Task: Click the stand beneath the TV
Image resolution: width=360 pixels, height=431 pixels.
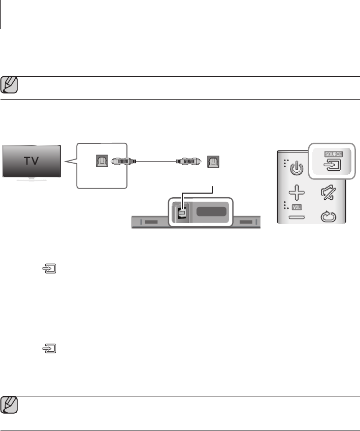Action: click(x=31, y=179)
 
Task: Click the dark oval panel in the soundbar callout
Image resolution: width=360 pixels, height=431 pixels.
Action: click(x=210, y=211)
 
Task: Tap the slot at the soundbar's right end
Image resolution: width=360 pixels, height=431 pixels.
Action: click(x=246, y=222)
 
